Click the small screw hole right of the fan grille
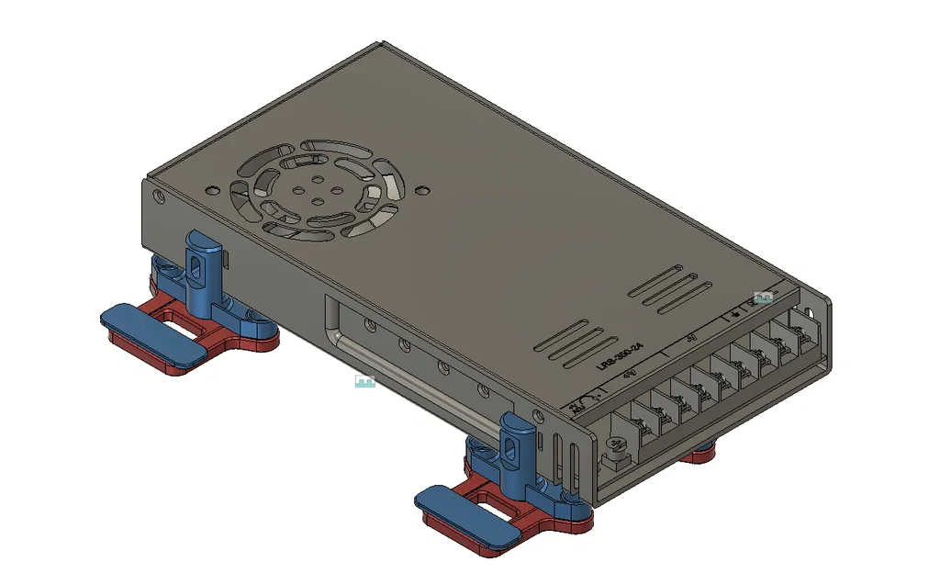tap(421, 191)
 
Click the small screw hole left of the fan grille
tap(211, 190)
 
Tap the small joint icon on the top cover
tap(762, 298)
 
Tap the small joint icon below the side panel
tap(364, 380)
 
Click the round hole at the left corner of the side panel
tap(159, 196)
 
